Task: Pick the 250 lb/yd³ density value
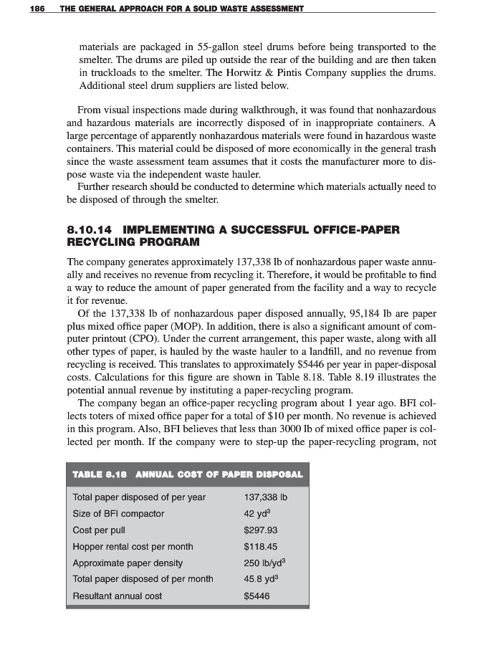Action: click(x=266, y=563)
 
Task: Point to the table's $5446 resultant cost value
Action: click(x=257, y=596)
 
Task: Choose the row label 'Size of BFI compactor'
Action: click(x=118, y=513)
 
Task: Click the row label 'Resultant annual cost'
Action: click(x=118, y=596)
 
